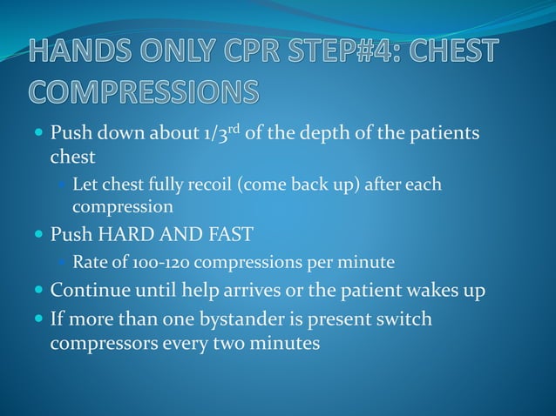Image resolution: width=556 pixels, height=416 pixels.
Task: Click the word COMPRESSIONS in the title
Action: (x=145, y=91)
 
